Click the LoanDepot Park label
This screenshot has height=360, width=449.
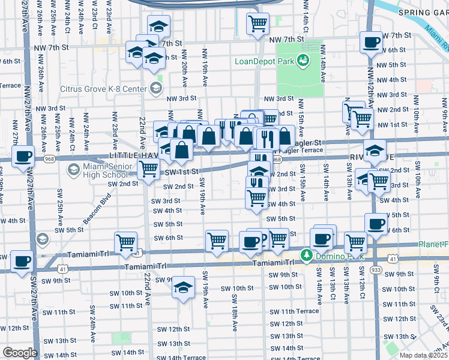click(x=266, y=61)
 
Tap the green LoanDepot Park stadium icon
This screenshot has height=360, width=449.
click(x=303, y=60)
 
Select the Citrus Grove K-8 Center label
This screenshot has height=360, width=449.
click(x=104, y=89)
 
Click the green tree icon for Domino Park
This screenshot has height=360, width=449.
click(x=306, y=256)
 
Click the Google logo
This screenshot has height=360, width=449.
click(x=20, y=353)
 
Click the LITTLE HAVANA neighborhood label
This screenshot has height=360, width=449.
click(x=133, y=155)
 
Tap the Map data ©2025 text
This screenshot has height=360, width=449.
click(x=424, y=355)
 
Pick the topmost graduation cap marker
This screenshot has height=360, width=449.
click(x=158, y=26)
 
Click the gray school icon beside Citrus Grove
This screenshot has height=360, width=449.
click(x=155, y=89)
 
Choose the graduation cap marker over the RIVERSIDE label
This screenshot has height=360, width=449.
click(x=375, y=149)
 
